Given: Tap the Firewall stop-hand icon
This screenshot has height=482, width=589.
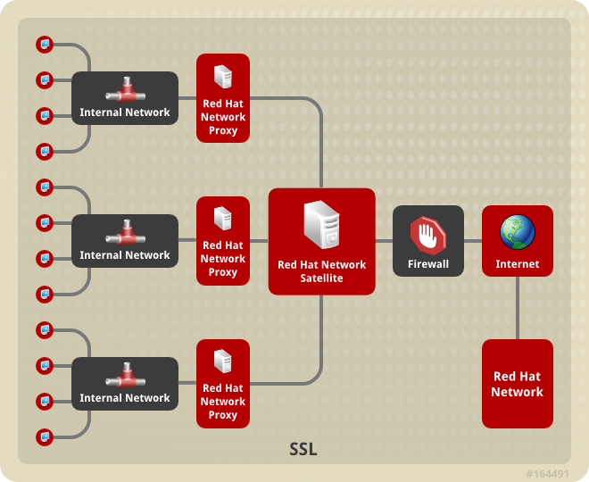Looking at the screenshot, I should [x=428, y=235].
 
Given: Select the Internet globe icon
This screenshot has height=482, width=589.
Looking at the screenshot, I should [x=518, y=232].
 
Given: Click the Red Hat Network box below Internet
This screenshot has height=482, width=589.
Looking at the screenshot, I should [x=518, y=384].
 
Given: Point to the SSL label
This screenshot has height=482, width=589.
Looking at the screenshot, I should [x=303, y=449].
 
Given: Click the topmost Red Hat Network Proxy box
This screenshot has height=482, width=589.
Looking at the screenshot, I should [x=223, y=98].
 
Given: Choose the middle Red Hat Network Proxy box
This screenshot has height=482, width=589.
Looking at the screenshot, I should [x=223, y=241].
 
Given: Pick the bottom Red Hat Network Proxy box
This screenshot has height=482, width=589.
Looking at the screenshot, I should [x=223, y=384].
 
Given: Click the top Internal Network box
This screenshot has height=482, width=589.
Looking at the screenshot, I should [x=125, y=98].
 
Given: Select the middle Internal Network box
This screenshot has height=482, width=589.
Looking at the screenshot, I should [x=125, y=241].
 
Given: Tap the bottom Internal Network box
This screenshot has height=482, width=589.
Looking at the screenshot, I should [x=125, y=384].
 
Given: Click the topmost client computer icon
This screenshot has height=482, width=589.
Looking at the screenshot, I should [x=44, y=44].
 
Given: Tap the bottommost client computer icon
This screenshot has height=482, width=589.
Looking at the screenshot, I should [x=44, y=436].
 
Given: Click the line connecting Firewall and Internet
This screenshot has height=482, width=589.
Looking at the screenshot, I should [x=473, y=241].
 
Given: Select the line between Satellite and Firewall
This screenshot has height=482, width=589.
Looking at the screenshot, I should [x=384, y=241].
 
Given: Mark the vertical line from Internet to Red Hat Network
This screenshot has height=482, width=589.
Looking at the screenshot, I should [x=518, y=308].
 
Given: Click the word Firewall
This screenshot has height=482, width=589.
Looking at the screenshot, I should [x=428, y=264].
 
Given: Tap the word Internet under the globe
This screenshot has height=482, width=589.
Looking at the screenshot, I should [x=518, y=264].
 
